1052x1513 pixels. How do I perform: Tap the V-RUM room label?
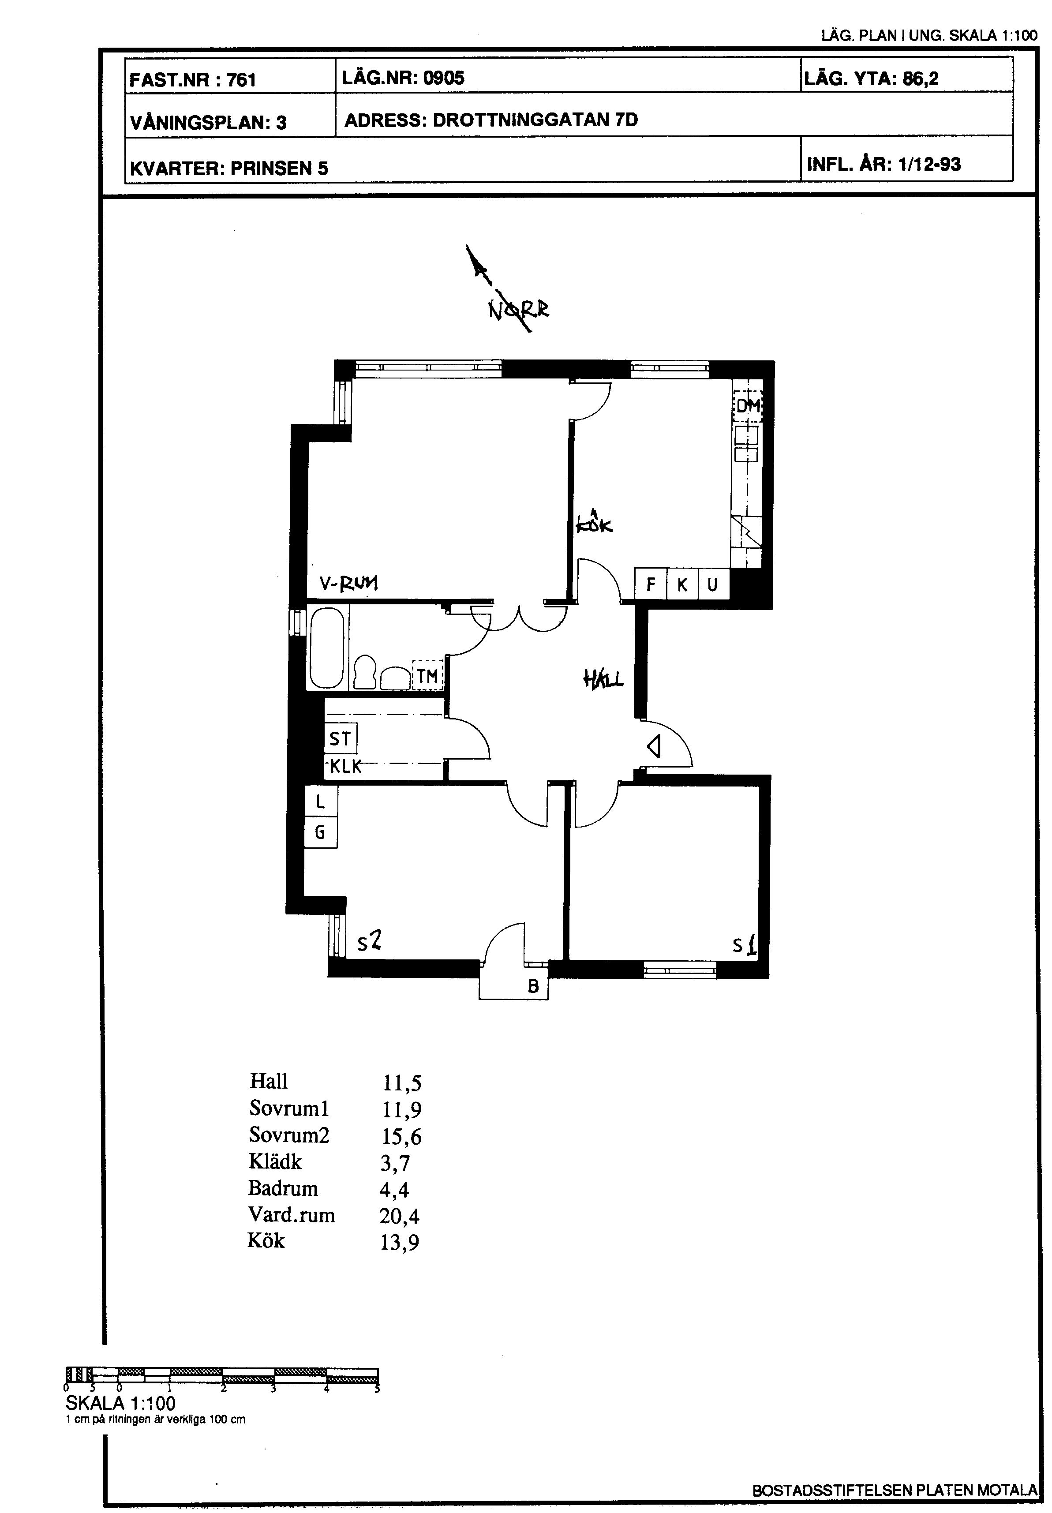[x=349, y=583]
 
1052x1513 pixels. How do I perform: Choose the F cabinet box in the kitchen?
[x=651, y=584]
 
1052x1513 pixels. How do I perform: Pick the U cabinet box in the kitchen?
[x=713, y=584]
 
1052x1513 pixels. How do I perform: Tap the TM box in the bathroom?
[x=428, y=675]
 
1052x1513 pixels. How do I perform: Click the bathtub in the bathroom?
[x=326, y=648]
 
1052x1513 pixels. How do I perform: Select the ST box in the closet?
[x=340, y=739]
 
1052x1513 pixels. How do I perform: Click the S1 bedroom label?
[x=744, y=946]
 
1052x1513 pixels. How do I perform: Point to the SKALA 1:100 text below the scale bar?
[x=120, y=1404]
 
